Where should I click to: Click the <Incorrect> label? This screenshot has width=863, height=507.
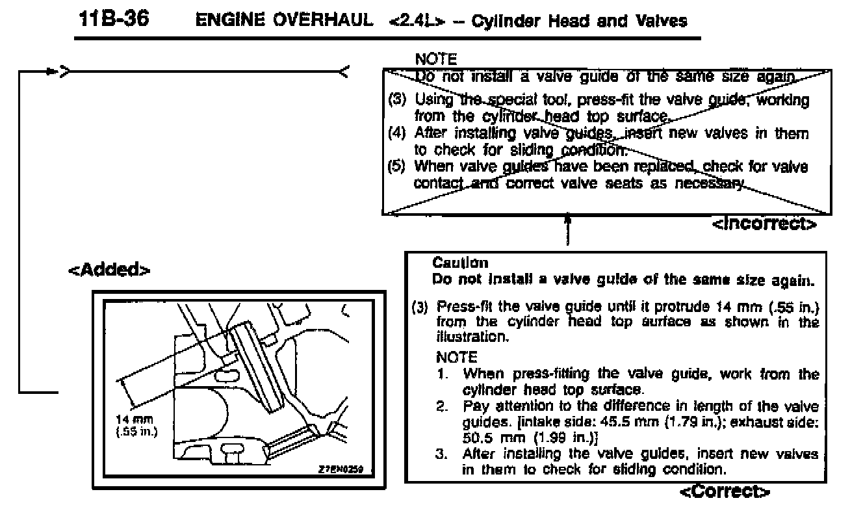(765, 224)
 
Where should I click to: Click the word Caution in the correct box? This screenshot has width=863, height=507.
(460, 263)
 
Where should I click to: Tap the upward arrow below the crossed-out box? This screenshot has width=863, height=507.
(569, 221)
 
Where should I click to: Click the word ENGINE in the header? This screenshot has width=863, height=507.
(225, 21)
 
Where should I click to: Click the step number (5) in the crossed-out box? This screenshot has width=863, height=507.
(396, 166)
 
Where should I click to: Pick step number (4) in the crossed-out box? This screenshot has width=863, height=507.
(396, 134)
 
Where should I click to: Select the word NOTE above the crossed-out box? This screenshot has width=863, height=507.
(435, 59)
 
